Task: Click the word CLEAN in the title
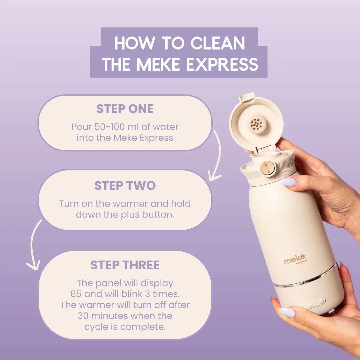tap(218, 43)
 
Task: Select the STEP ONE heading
tap(125, 109)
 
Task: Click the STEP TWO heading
tap(125, 186)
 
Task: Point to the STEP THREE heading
tap(125, 265)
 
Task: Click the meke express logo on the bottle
tap(295, 260)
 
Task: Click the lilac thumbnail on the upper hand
tap(289, 182)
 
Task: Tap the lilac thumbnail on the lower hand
tap(287, 313)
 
